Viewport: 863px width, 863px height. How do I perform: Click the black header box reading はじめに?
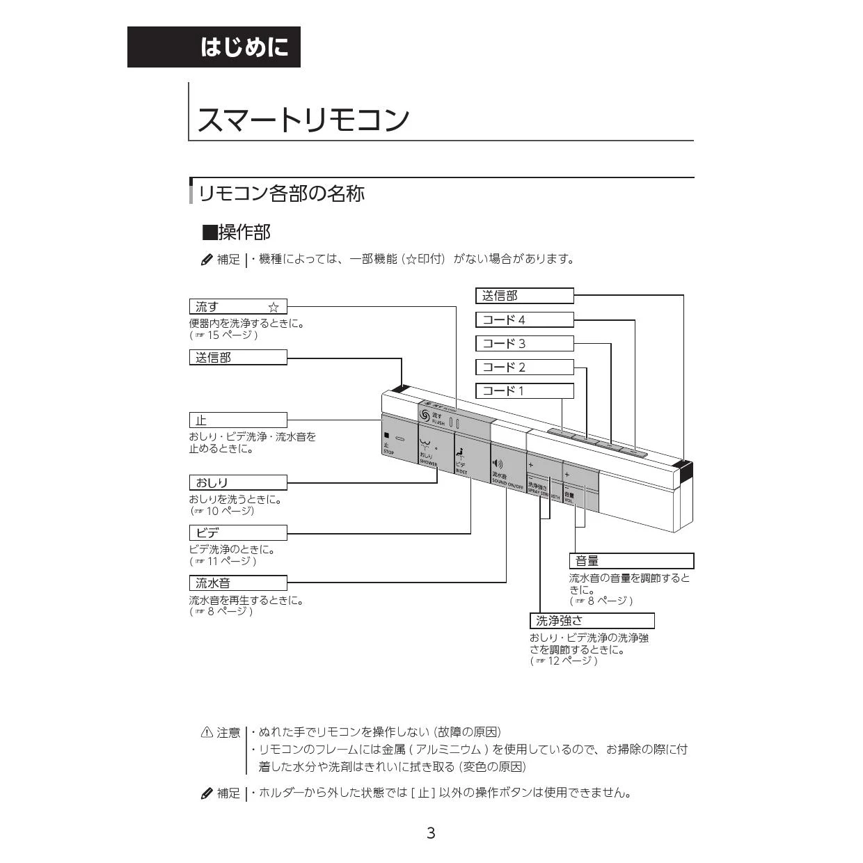click(214, 47)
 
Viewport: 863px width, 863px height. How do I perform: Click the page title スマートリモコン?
click(303, 120)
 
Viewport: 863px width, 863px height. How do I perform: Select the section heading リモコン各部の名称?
click(281, 193)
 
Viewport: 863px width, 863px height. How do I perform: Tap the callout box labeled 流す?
click(237, 307)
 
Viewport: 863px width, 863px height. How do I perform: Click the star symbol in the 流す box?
click(274, 307)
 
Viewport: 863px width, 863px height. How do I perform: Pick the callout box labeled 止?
click(237, 420)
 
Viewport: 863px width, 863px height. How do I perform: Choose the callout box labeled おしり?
click(237, 482)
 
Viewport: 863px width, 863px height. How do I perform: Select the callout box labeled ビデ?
click(237, 533)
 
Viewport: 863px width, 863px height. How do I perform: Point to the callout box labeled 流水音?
click(237, 583)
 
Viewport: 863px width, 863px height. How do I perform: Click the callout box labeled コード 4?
click(524, 320)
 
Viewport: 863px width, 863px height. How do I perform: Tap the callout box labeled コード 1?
click(524, 391)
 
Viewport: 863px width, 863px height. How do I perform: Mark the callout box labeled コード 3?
click(524, 344)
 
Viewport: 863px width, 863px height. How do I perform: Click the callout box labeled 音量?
click(631, 561)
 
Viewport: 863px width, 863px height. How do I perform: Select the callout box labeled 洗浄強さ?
click(592, 621)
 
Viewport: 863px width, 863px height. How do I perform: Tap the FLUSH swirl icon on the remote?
click(425, 415)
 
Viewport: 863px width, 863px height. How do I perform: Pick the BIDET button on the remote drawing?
click(471, 456)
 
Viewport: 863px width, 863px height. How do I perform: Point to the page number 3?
click(431, 833)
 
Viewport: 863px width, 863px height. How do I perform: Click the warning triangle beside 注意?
click(207, 732)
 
